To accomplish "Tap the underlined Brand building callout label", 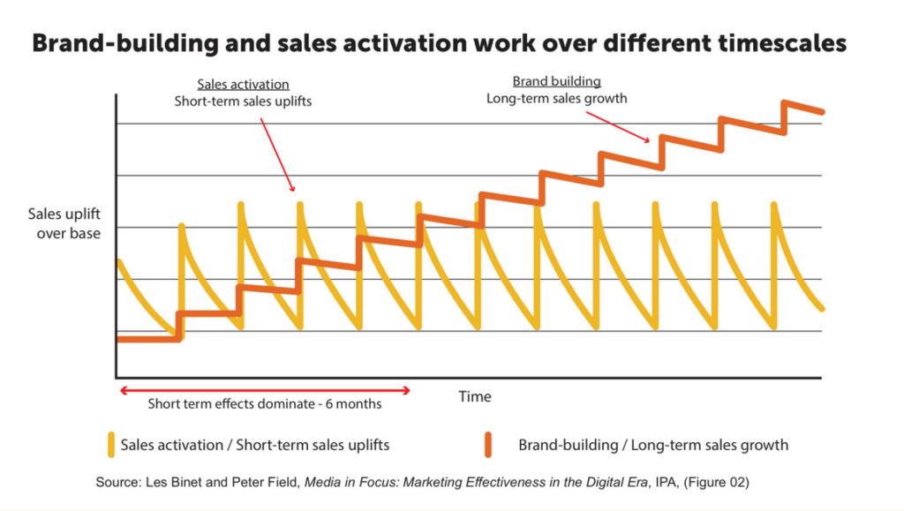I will [x=557, y=81].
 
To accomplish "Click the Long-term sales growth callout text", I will [x=557, y=98].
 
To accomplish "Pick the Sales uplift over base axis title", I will [x=64, y=223].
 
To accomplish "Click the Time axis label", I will [x=475, y=396].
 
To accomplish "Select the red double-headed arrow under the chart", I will [x=265, y=389].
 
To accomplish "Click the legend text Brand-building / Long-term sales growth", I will [x=653, y=445].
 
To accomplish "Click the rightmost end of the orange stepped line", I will [x=823, y=112].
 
